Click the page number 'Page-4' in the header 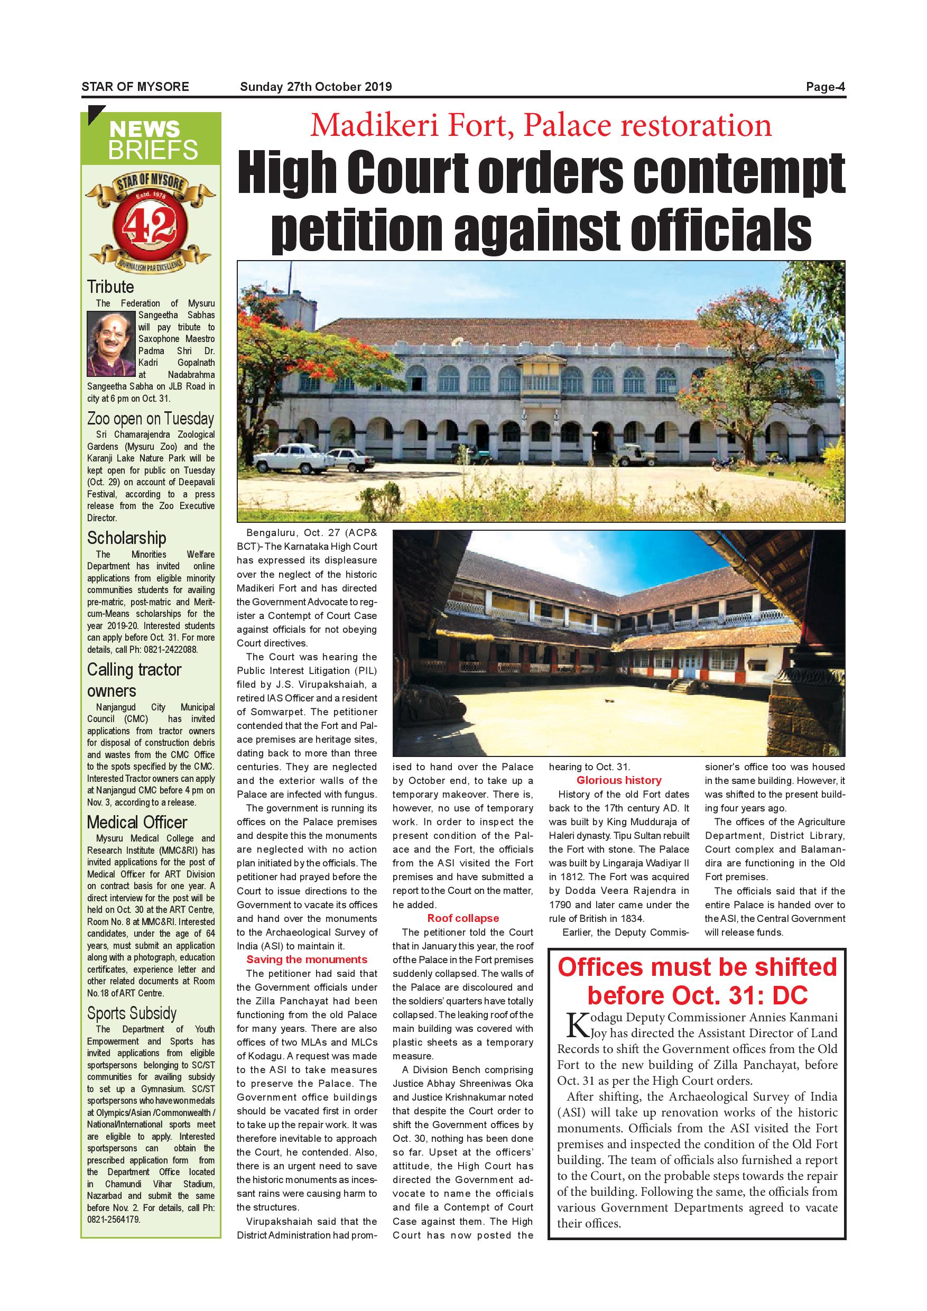825,87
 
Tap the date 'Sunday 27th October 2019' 316,87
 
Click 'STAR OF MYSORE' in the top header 135,87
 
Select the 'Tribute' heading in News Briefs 111,287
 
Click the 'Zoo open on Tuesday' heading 151,419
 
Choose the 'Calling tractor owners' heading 134,679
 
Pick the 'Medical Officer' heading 137,822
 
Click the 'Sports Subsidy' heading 132,1013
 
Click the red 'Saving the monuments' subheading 307,959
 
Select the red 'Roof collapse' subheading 463,918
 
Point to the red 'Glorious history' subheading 619,780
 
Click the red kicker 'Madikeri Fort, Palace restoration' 541,126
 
